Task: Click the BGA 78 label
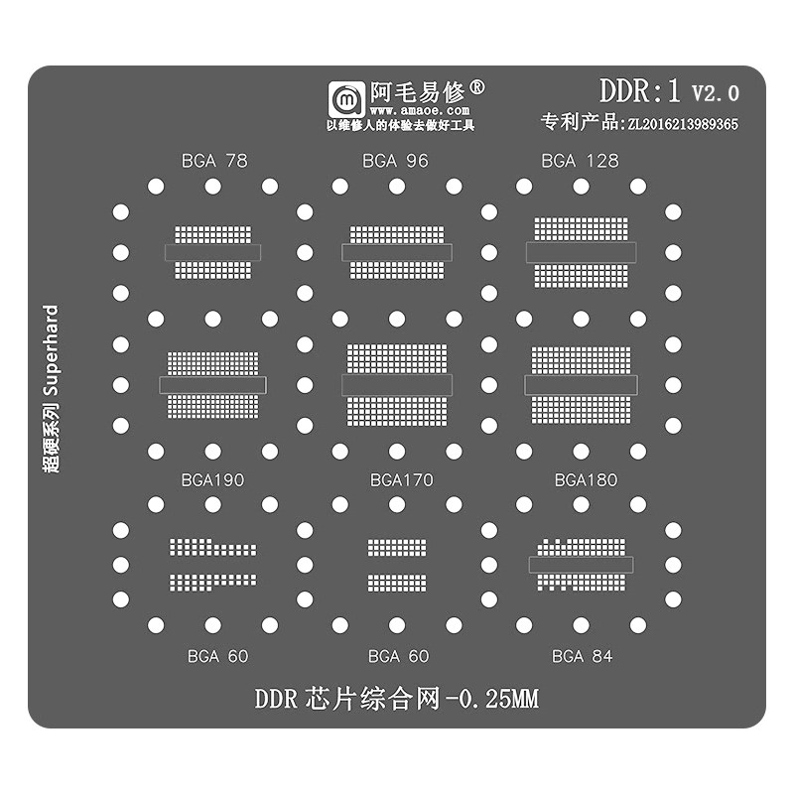214,160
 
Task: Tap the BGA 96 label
395,160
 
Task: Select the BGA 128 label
580,160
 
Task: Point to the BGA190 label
212,480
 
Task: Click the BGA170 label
401,480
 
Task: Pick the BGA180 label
586,480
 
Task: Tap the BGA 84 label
582,656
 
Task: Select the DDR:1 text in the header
639,92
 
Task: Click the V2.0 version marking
716,94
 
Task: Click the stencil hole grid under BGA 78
212,252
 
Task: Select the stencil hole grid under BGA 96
396,252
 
